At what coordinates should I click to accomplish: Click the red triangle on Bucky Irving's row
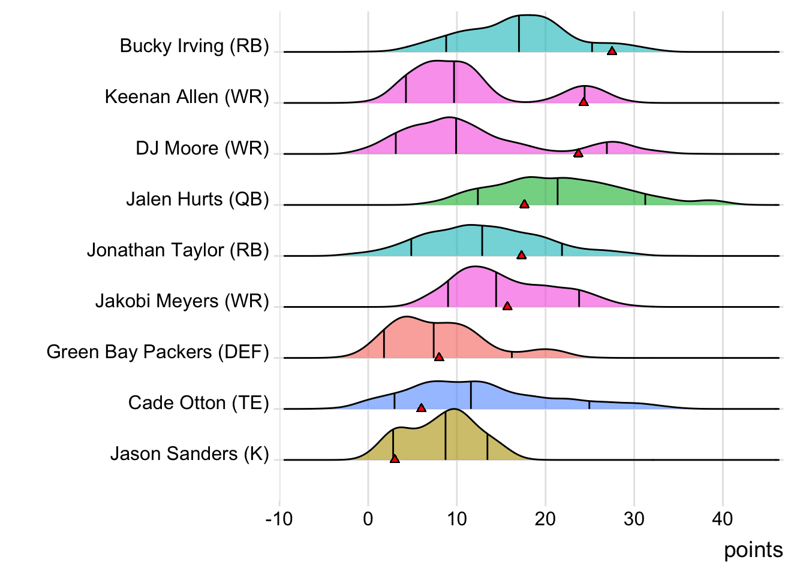(612, 51)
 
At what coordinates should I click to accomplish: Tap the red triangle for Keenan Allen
(584, 102)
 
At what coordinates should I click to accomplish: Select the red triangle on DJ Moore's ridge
(578, 153)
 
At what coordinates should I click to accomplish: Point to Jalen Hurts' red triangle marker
(524, 204)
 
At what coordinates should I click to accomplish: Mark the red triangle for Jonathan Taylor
(522, 255)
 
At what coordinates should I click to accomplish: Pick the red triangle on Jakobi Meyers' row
(507, 306)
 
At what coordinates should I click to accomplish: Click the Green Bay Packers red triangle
(439, 357)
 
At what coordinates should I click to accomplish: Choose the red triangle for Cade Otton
(421, 408)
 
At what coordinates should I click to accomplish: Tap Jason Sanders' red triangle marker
(395, 459)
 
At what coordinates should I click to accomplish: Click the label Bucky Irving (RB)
(194, 46)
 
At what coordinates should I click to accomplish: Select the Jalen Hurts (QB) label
(197, 199)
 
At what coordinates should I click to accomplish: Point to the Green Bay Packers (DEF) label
(158, 352)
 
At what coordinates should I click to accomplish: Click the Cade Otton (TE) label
(199, 403)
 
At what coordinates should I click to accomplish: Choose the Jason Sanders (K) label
(190, 454)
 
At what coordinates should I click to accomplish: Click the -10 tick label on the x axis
(279, 519)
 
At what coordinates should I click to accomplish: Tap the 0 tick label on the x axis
(368, 519)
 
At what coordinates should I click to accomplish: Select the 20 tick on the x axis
(545, 519)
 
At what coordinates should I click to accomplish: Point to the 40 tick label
(723, 519)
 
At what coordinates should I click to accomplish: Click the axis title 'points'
(753, 550)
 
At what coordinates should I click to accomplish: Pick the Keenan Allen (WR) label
(187, 97)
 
